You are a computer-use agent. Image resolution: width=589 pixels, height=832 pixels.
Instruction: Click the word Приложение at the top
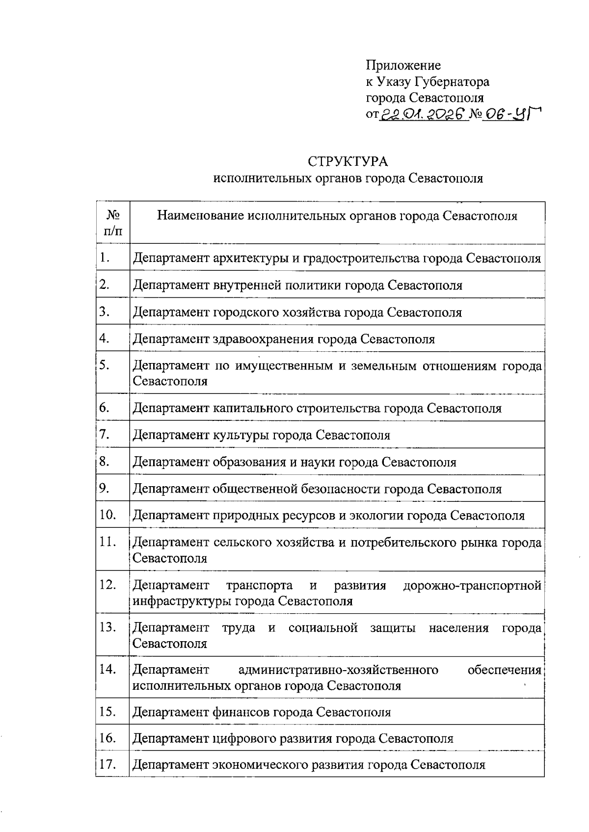[x=403, y=65]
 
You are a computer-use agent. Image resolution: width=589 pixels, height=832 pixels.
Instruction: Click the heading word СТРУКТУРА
[x=348, y=161]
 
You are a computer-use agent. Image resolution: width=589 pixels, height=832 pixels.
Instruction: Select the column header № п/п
[x=113, y=222]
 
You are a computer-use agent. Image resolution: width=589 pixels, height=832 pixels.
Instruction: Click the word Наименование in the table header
[x=201, y=216]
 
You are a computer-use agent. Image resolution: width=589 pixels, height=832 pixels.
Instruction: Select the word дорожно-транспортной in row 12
[x=472, y=585]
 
